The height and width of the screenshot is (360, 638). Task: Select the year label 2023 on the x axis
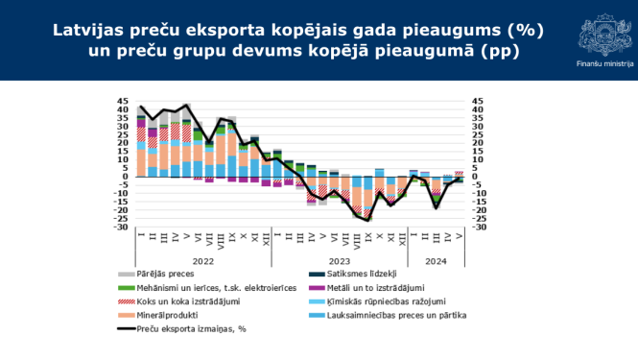pos(341,259)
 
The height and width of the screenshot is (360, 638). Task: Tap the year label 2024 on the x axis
pos(436,259)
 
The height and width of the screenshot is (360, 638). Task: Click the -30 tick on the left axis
pos(123,227)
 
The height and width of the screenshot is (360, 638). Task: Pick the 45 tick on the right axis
pos(472,101)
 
